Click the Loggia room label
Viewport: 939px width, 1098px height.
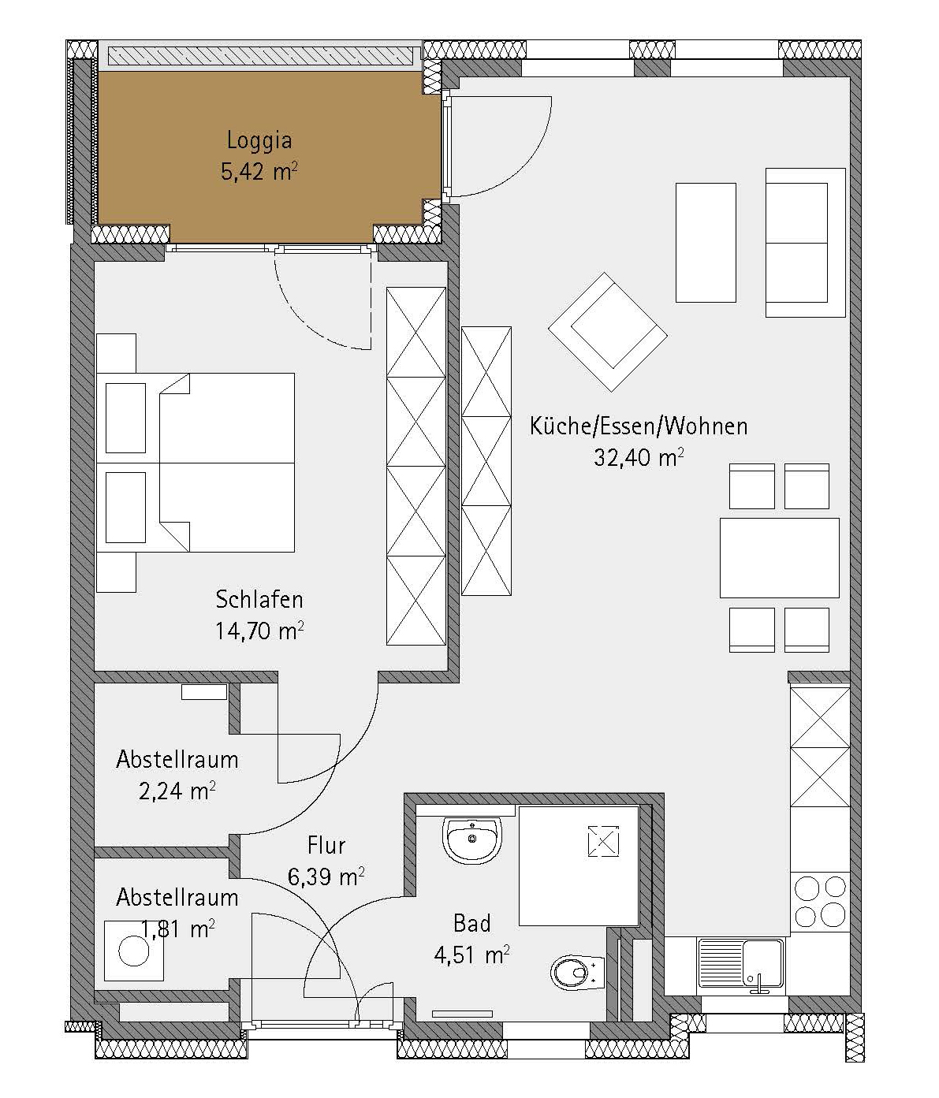259,141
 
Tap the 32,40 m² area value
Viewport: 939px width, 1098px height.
639,457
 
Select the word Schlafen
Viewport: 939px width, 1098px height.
259,600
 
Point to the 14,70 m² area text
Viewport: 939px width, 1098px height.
259,631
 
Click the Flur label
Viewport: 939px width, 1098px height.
326,845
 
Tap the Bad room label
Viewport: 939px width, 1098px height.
472,924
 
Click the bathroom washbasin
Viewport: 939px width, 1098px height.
472,839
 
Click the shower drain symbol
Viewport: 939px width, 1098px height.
604,841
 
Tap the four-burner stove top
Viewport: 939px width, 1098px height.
820,901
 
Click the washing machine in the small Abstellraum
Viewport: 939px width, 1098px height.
134,951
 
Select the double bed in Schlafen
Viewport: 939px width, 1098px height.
195,462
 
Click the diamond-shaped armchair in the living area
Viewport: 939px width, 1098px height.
608,332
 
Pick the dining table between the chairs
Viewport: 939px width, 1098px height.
780,558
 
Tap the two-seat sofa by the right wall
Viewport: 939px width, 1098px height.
805,243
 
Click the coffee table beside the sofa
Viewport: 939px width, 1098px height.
706,243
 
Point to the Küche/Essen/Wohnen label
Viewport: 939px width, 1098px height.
639,426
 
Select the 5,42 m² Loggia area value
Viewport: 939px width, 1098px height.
259,172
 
